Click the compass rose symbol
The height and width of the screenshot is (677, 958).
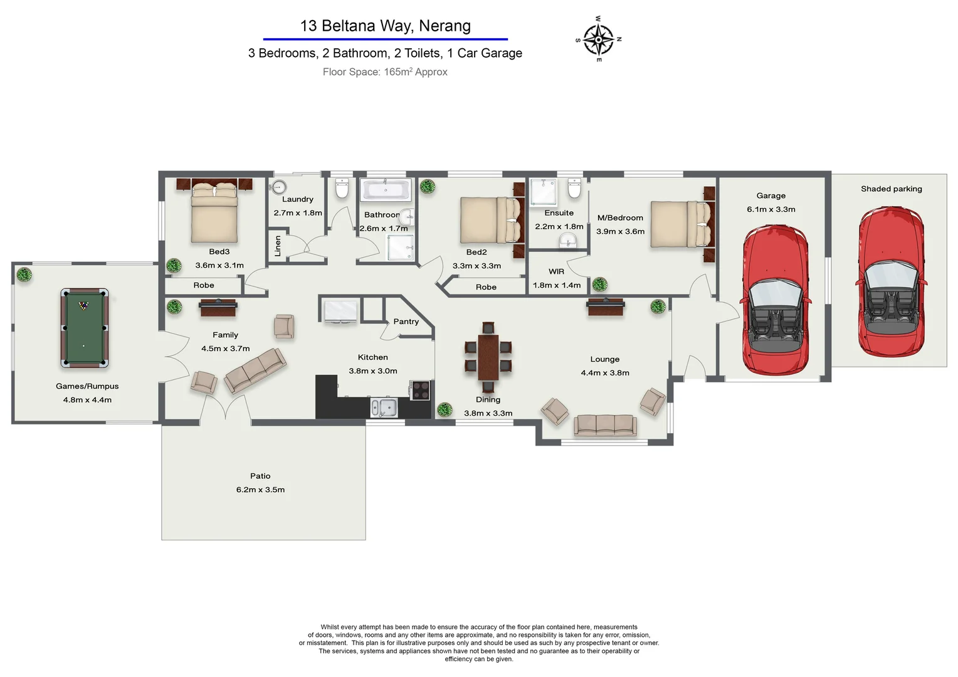599,39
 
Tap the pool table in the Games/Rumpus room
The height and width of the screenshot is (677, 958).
84,328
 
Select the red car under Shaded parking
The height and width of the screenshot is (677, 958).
891,282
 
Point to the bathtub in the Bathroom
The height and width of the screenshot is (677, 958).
386,189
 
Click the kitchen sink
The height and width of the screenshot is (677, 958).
384,408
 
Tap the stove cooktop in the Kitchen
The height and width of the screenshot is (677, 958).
421,390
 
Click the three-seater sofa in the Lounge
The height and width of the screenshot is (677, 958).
605,425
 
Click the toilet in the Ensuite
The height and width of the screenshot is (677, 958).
574,188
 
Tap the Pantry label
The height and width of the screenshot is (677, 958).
406,322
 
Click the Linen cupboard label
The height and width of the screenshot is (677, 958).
278,246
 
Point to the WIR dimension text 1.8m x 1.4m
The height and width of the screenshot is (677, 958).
557,285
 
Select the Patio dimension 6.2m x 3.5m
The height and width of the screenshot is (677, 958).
260,490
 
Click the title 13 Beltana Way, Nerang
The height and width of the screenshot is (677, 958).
385,26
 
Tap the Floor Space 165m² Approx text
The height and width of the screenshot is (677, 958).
385,72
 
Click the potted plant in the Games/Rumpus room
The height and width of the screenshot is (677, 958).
24,275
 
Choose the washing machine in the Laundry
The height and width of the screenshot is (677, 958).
279,187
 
